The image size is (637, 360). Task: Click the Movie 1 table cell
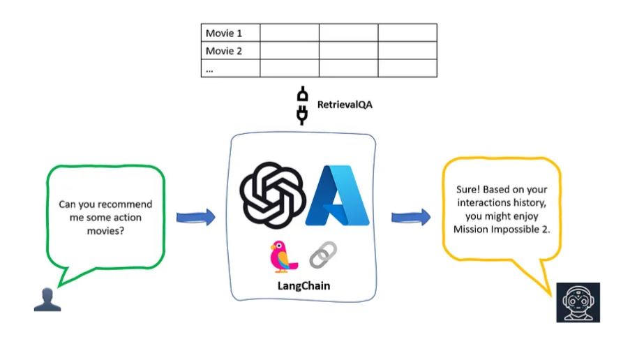click(230, 33)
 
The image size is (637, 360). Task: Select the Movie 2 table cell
click(230, 50)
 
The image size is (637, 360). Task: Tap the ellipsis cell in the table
click(230, 68)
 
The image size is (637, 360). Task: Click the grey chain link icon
click(322, 255)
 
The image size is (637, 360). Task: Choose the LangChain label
click(303, 285)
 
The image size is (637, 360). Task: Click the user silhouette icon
click(47, 299)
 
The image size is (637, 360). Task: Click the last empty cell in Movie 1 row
click(407, 33)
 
